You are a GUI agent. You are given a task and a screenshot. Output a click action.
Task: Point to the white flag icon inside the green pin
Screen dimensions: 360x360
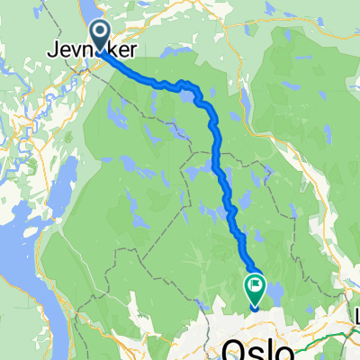point(255,288)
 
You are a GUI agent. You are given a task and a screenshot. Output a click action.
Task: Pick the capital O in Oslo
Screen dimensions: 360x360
point(232,348)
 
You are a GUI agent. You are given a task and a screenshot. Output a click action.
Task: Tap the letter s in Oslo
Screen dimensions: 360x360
point(253,350)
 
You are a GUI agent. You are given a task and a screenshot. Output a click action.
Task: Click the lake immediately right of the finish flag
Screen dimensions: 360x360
point(274,290)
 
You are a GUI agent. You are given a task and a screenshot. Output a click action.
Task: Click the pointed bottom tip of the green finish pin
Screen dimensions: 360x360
point(255,306)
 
